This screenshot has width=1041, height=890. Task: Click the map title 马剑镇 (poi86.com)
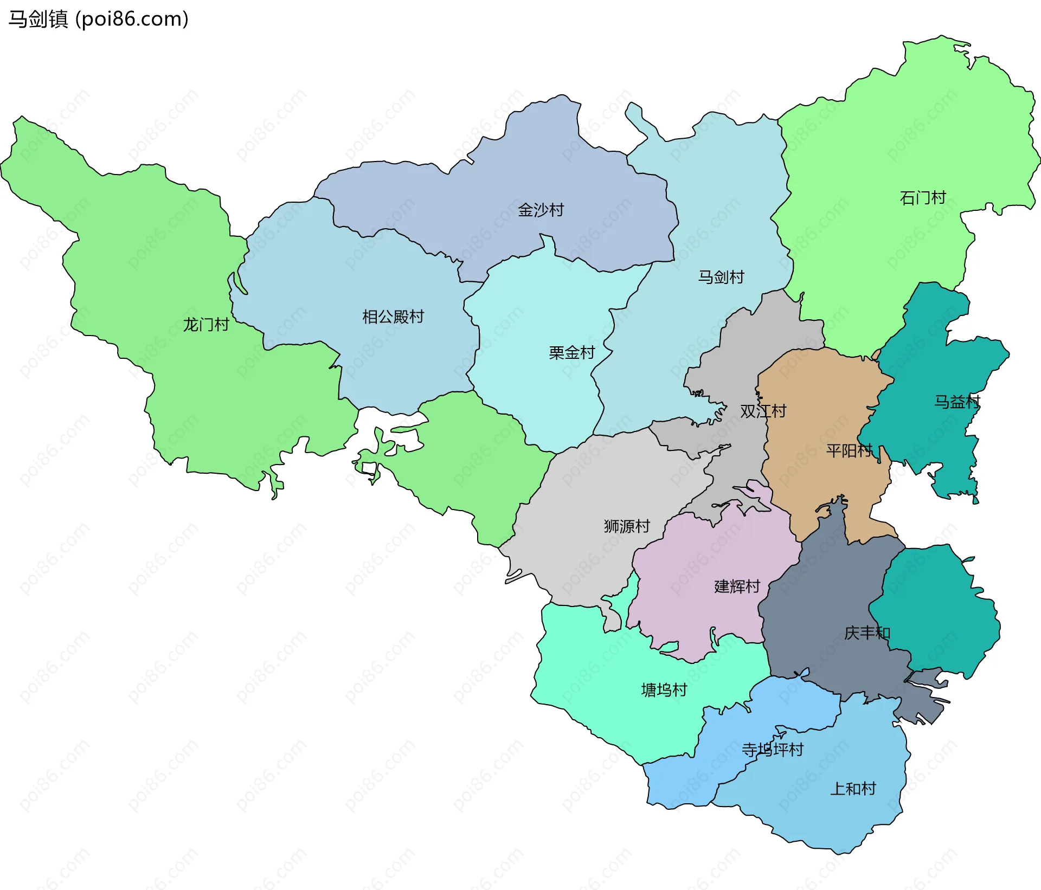[98, 19]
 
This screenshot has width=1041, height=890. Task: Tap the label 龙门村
[205, 325]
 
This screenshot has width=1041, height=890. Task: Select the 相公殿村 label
[393, 317]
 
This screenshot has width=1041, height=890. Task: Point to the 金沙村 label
[541, 210]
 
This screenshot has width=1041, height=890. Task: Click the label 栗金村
[571, 353]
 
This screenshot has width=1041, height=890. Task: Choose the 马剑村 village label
[721, 277]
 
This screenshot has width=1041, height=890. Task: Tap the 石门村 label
[922, 198]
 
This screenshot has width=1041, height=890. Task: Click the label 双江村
[763, 411]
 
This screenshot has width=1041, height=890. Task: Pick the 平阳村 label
[849, 450]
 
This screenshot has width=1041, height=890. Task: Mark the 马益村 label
[956, 402]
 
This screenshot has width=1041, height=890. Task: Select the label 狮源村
[627, 526]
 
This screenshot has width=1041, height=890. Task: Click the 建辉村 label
[737, 586]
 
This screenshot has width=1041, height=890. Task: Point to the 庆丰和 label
[866, 633]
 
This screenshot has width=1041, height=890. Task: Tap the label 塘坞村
[664, 689]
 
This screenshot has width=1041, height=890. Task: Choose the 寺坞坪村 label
[772, 750]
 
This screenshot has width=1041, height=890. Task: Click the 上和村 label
[853, 789]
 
